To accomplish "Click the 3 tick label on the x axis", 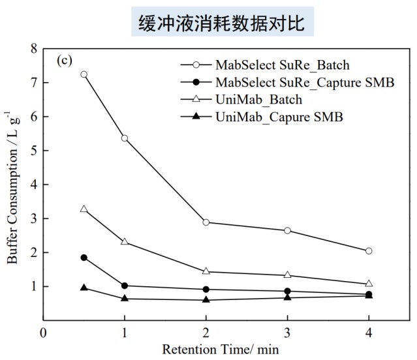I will pyautogui.click(x=287, y=331).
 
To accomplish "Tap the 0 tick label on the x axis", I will pyautogui.click(x=43, y=331).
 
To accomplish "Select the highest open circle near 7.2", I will pyautogui.click(x=84, y=74).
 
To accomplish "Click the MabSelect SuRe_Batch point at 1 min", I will pyautogui.click(x=124, y=138).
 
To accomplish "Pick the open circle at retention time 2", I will pyautogui.click(x=206, y=222).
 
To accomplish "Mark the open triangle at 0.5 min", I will pyautogui.click(x=84, y=209).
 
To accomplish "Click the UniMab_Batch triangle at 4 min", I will pyautogui.click(x=369, y=284).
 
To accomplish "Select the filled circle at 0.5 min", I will pyautogui.click(x=84, y=258).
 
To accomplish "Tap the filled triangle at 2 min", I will pyautogui.click(x=206, y=299).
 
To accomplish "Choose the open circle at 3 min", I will pyautogui.click(x=287, y=231).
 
